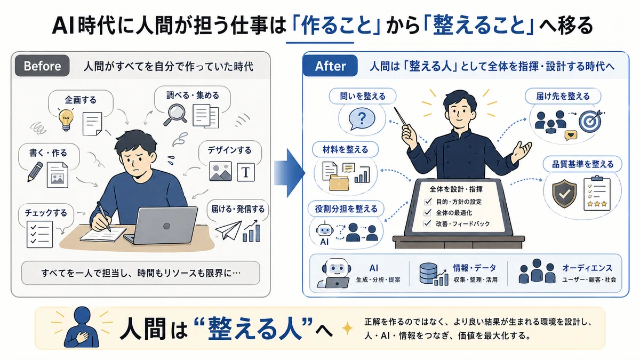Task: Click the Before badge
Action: (x=42, y=66)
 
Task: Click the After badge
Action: (x=330, y=66)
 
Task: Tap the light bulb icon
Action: (x=66, y=120)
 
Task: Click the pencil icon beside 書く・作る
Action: (x=35, y=172)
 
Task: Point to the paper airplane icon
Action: (x=229, y=230)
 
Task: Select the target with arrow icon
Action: (x=591, y=121)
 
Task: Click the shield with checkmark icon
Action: (x=564, y=194)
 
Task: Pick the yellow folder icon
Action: (x=339, y=183)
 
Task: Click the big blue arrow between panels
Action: (x=290, y=173)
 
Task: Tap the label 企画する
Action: (x=81, y=100)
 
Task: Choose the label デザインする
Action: (x=229, y=150)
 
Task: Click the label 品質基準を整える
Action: (x=582, y=164)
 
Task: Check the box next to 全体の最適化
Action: (x=427, y=213)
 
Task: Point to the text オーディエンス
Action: (x=587, y=268)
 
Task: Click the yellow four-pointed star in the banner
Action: (x=347, y=328)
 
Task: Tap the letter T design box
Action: (x=246, y=172)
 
